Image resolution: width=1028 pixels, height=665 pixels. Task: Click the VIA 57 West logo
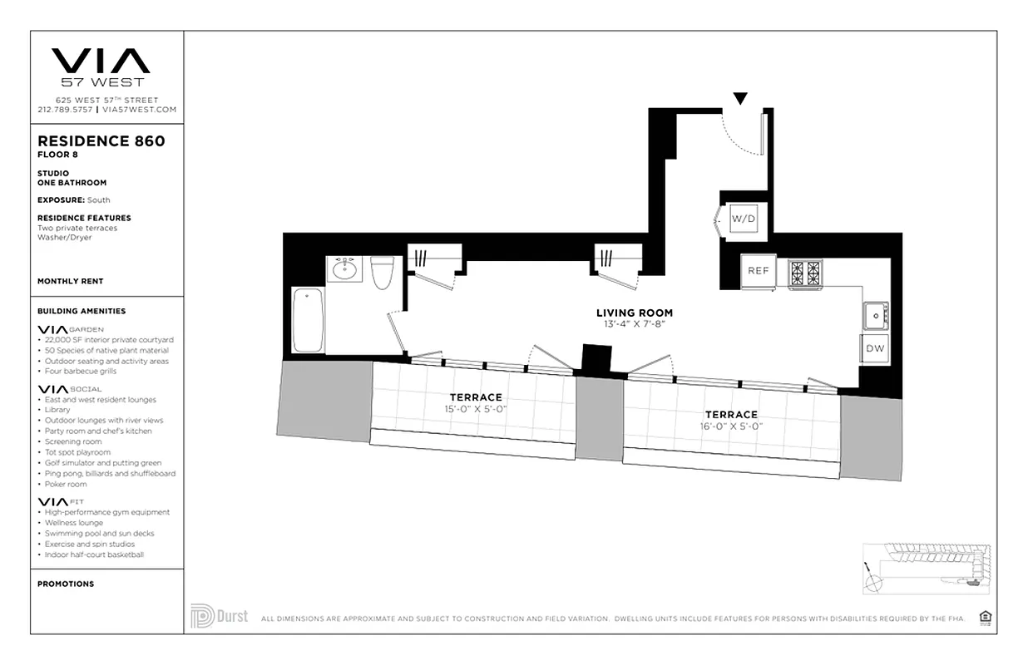coord(101,66)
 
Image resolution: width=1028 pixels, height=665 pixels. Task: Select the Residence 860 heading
coord(101,140)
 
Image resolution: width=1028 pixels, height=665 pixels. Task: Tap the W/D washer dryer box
coord(744,219)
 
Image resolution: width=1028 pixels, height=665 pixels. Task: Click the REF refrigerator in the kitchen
coord(759,271)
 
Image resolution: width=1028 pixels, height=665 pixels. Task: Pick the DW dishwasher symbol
coord(875,348)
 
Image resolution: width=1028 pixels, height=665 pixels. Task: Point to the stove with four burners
coord(805,272)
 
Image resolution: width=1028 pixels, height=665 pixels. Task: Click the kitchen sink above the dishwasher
coord(875,315)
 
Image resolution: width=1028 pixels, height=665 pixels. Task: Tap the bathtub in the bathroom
coord(309,320)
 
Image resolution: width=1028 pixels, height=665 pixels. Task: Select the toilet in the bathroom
coord(383,273)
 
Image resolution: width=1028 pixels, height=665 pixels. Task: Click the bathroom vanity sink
coord(344,269)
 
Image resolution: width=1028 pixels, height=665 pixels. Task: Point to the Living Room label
coord(634,313)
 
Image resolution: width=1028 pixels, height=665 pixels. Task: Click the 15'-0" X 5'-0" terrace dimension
coord(476,409)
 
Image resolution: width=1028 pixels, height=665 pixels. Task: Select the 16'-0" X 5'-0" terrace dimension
coord(731,426)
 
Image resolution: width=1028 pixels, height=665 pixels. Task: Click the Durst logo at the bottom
coord(220,616)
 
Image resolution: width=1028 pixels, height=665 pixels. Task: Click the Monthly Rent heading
coord(70,281)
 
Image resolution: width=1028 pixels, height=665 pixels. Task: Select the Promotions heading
coord(66,584)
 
